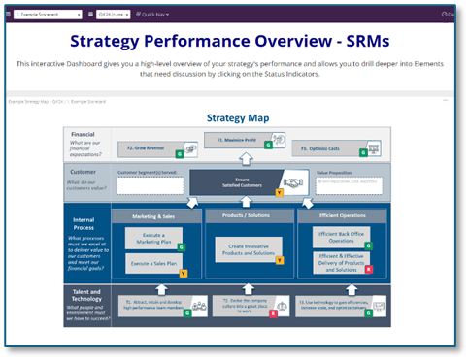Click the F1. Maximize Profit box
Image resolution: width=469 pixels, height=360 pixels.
click(x=236, y=141)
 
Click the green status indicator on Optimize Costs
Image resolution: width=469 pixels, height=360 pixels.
click(x=362, y=154)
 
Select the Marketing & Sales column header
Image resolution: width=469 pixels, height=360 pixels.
click(x=155, y=216)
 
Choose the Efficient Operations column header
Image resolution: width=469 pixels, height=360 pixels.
click(x=336, y=216)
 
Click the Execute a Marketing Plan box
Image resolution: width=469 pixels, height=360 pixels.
click(x=151, y=240)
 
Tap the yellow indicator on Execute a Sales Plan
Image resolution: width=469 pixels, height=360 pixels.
click(x=183, y=273)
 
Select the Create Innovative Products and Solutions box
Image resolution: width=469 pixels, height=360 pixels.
click(x=243, y=249)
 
